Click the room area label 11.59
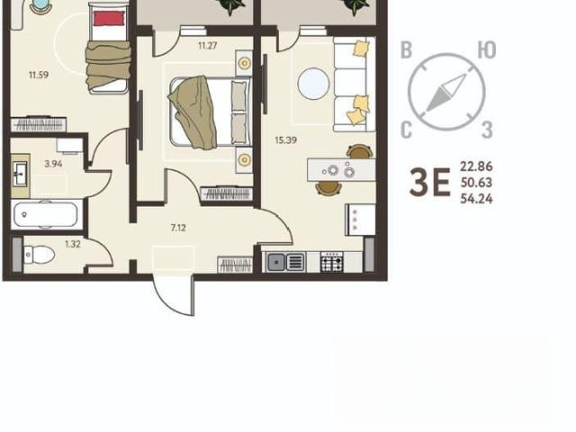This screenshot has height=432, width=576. point(39,75)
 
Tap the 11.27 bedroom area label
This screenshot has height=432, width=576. point(208,46)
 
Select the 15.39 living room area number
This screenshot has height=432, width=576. point(286,140)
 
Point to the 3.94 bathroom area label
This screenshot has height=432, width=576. point(53,164)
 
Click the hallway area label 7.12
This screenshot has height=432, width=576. point(178,228)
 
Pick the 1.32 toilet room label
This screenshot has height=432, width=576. point(73,244)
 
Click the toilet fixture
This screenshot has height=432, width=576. point(39,254)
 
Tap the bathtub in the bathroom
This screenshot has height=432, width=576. point(46,214)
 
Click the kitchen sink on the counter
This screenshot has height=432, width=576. point(285,262)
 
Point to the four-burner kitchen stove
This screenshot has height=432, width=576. point(332,262)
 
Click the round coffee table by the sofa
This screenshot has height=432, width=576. point(313,84)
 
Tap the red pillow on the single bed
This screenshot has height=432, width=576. point(109,18)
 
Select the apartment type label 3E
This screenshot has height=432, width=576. point(430,182)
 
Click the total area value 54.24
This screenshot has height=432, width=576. point(476,199)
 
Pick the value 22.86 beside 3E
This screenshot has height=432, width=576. point(476,166)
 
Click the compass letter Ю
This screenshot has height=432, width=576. point(487,50)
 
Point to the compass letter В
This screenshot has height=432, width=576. point(406,50)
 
